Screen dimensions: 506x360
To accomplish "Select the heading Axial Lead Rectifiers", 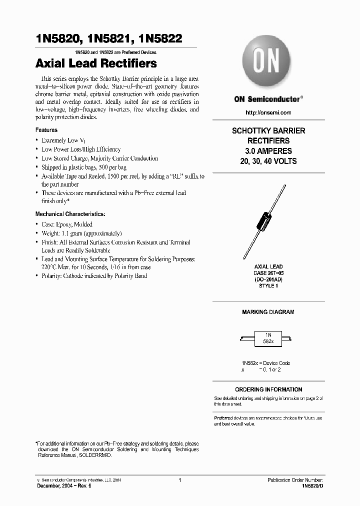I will tap(96, 63).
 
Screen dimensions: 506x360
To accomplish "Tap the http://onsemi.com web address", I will tap(268, 112).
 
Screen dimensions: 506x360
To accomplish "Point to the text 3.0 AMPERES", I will tap(268, 151).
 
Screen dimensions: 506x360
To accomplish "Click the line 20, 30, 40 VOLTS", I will tap(268, 161).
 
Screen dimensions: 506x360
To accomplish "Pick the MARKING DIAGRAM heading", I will tap(268, 312).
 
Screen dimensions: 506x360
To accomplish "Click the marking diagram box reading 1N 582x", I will tap(268, 337).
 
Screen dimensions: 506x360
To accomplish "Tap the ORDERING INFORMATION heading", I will tap(268, 389).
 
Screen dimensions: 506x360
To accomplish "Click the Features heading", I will tap(46, 130).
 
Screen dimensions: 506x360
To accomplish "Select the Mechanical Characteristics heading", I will tap(70, 214).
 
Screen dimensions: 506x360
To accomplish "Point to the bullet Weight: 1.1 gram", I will tap(81, 233).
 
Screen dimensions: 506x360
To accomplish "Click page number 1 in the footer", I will tap(179, 480).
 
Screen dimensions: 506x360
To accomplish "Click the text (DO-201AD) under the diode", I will tap(268, 279).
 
